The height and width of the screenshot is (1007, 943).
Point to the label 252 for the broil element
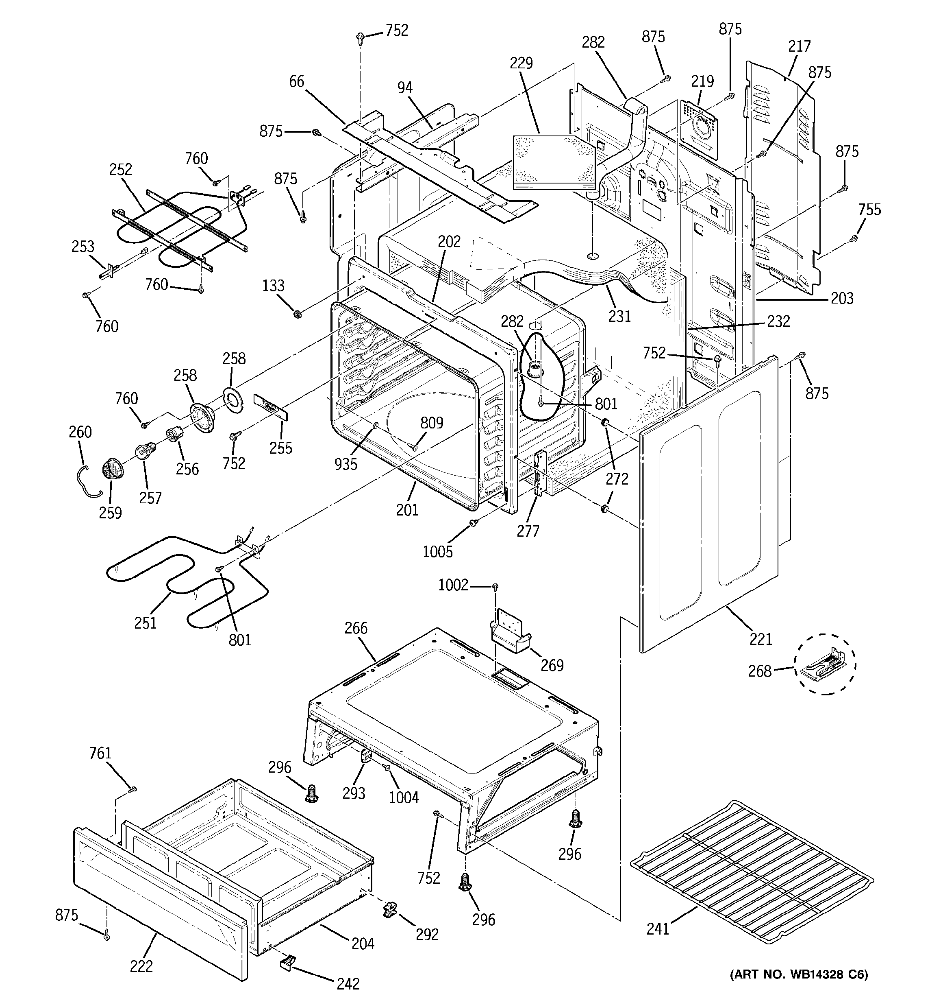tap(120, 169)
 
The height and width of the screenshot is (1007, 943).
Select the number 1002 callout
tap(453, 585)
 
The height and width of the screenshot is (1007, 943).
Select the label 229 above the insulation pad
tap(521, 63)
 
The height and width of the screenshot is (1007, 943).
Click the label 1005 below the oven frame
tap(438, 552)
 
